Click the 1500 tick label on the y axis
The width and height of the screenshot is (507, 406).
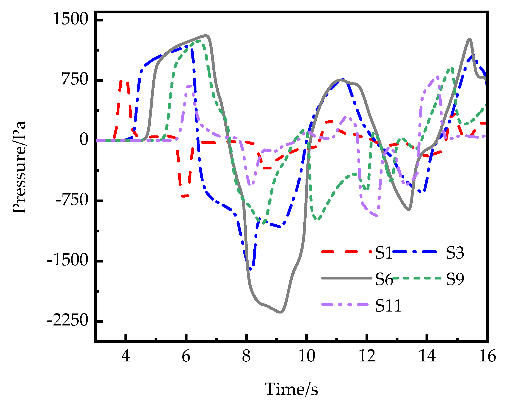pyautogui.click(x=70, y=20)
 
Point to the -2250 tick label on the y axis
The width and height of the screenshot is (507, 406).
pyautogui.click(x=67, y=321)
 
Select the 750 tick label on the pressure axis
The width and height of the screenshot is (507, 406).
pyautogui.click(x=74, y=80)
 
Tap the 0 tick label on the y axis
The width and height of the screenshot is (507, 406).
pyautogui.click(x=84, y=140)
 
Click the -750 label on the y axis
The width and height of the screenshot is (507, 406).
pyautogui.click(x=71, y=200)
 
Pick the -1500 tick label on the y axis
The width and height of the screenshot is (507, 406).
pyautogui.click(x=67, y=261)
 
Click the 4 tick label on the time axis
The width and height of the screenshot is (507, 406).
pyautogui.click(x=126, y=356)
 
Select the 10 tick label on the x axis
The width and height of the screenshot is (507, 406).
pyautogui.click(x=306, y=356)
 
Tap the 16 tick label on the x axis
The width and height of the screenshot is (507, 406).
pyautogui.click(x=487, y=356)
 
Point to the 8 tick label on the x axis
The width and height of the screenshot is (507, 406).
pyautogui.click(x=246, y=356)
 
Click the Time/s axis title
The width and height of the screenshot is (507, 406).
pyautogui.click(x=291, y=389)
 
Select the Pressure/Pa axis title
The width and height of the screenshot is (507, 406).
pyautogui.click(x=20, y=167)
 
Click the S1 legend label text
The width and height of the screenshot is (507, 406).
pyautogui.click(x=384, y=253)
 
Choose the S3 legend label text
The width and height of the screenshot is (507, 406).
pyautogui.click(x=455, y=253)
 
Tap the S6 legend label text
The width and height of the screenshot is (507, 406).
pyautogui.click(x=384, y=279)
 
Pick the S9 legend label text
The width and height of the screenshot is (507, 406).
pyautogui.click(x=455, y=279)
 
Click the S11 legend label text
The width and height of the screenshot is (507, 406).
pyautogui.click(x=388, y=306)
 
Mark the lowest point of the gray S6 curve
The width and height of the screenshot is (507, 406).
pyautogui.click(x=281, y=312)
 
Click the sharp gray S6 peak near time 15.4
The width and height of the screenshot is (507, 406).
pyautogui.click(x=470, y=39)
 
